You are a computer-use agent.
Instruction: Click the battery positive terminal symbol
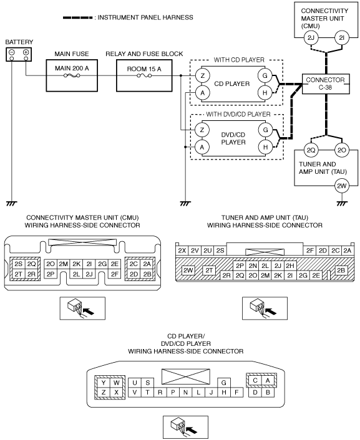click(x=26, y=52)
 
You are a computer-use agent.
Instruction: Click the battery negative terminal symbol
click(x=12, y=52)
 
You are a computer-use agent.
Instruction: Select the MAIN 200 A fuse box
click(x=72, y=75)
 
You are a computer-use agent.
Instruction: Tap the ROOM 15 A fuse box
click(x=144, y=75)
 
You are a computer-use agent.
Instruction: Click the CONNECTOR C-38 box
click(x=326, y=84)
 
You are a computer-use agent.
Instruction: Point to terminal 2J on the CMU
click(x=311, y=38)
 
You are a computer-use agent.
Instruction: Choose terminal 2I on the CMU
click(x=341, y=38)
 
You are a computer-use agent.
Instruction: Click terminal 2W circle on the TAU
click(x=342, y=186)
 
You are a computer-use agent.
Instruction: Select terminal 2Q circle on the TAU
click(x=311, y=150)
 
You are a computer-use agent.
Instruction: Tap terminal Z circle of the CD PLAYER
click(x=202, y=76)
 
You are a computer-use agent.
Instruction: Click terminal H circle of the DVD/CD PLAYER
click(x=265, y=147)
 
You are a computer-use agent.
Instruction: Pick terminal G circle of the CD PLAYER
click(x=265, y=75)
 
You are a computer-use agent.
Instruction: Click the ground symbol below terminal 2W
click(x=342, y=203)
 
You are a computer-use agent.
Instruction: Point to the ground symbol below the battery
click(x=11, y=203)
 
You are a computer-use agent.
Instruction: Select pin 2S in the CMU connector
click(x=18, y=264)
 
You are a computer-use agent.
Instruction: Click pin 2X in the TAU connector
click(x=182, y=251)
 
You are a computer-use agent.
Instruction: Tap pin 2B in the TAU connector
click(x=341, y=270)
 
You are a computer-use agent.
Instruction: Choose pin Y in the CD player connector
click(x=104, y=383)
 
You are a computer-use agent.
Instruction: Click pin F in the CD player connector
click(x=236, y=392)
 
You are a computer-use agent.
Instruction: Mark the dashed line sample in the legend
click(x=77, y=17)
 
